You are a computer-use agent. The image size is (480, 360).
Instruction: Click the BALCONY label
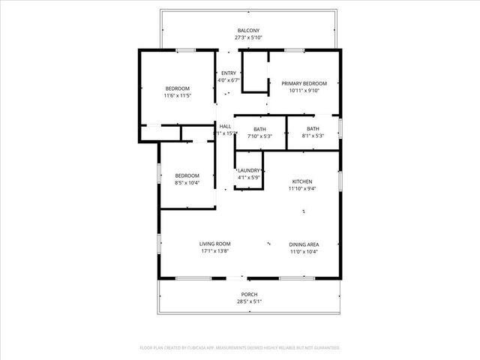(x=249, y=30)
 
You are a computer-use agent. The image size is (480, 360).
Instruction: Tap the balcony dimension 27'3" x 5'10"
(x=249, y=37)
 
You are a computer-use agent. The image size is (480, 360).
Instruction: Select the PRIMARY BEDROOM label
(x=304, y=83)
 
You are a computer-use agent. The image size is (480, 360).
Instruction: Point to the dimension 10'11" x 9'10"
(x=304, y=91)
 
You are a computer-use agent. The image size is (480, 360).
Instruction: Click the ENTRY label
(x=228, y=73)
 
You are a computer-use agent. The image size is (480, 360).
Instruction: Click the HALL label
(x=225, y=126)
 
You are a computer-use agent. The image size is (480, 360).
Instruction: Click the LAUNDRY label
(x=249, y=170)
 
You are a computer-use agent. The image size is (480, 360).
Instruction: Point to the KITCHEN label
(x=302, y=181)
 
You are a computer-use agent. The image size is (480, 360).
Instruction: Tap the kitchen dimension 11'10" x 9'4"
(x=302, y=189)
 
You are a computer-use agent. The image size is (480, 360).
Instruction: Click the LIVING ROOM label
(x=214, y=244)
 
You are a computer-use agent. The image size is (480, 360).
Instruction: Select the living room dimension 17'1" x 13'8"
(x=214, y=251)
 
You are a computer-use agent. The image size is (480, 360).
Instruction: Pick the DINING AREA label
(x=304, y=244)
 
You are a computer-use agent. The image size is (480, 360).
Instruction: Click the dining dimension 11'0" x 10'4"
(x=304, y=251)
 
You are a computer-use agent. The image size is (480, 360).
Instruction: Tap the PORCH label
(x=249, y=294)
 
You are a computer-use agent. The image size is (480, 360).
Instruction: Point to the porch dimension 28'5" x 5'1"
(x=249, y=301)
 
